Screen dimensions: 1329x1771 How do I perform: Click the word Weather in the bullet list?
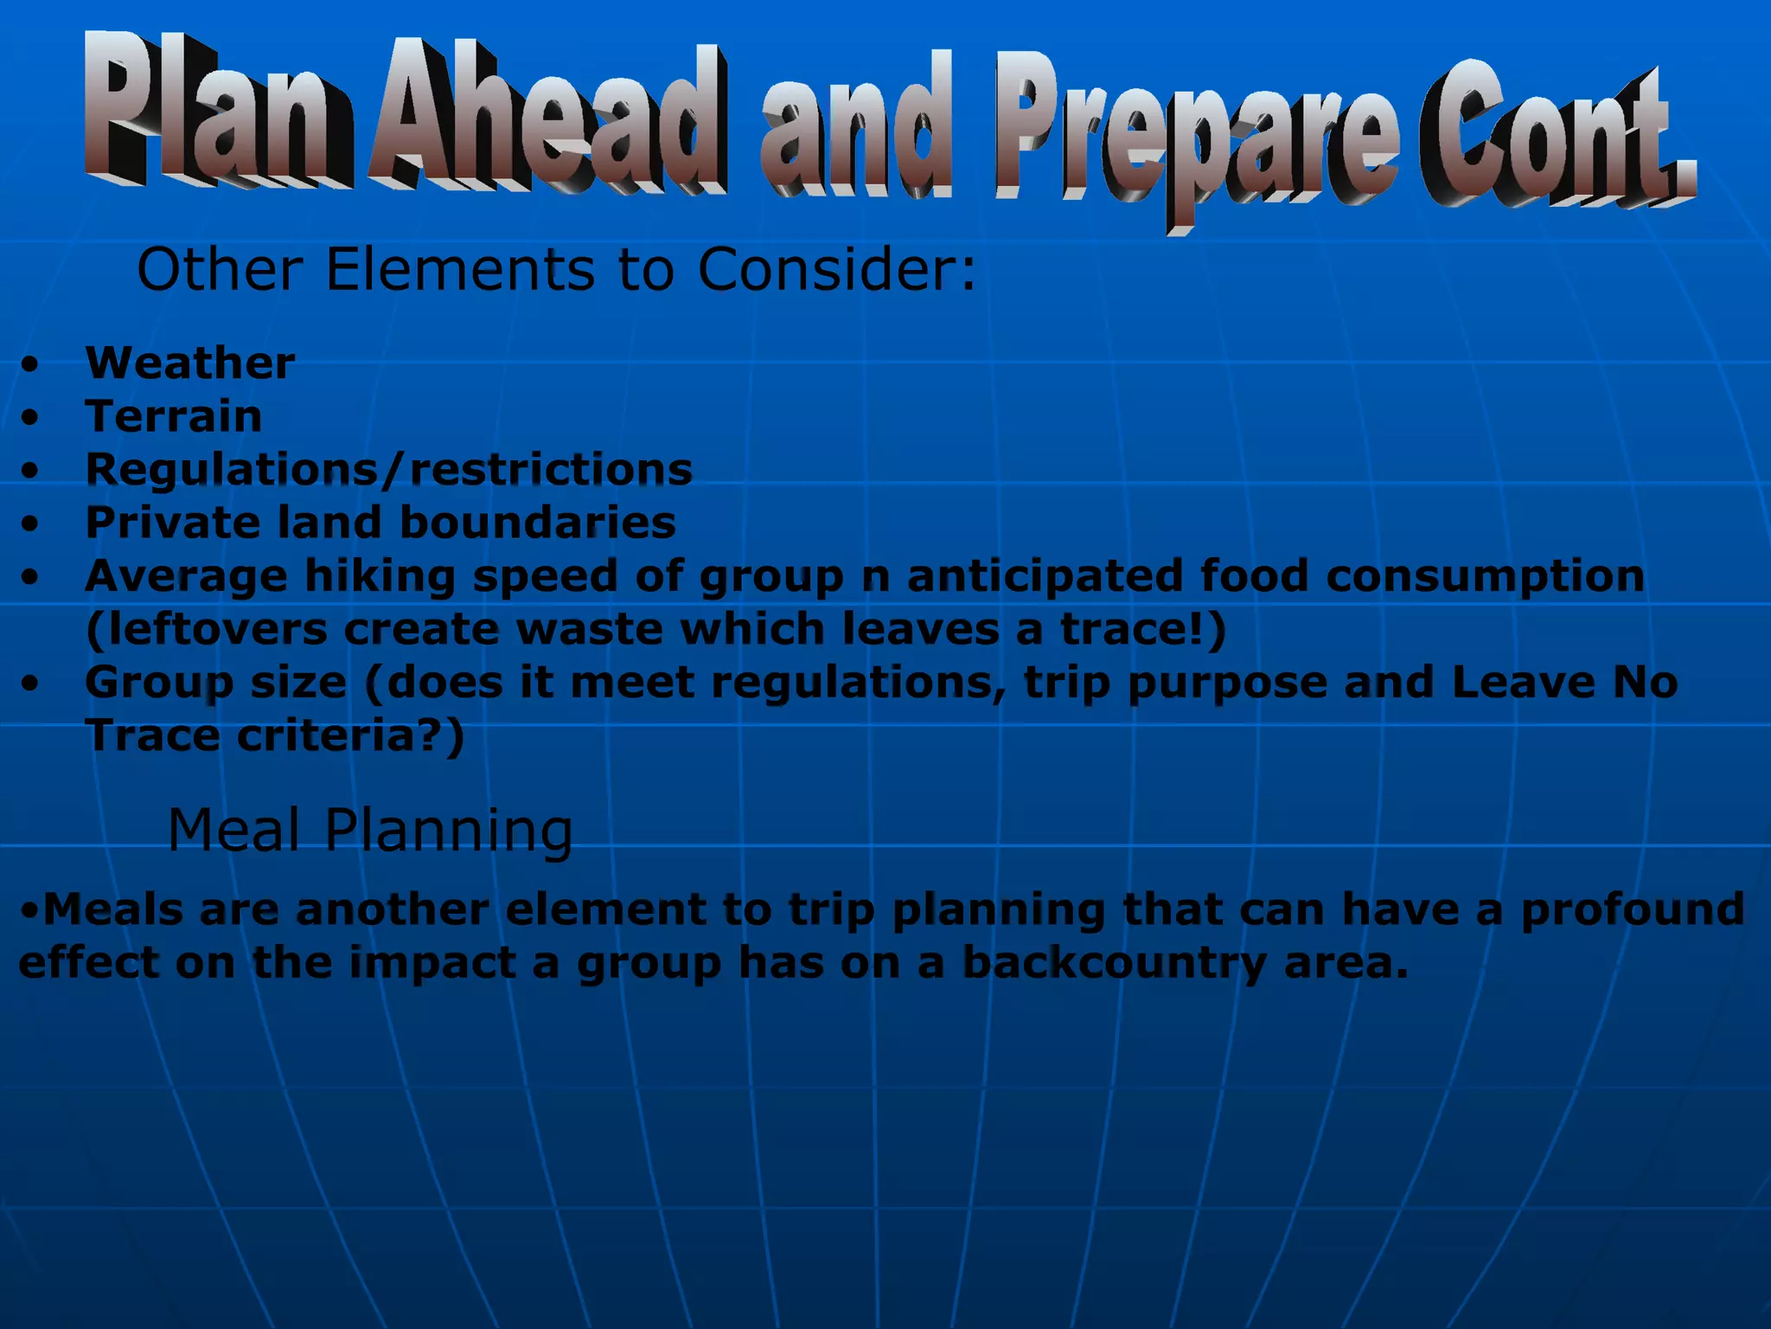(189, 363)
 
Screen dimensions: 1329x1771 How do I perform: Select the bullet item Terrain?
(173, 416)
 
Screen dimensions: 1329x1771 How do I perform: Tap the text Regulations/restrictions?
(388, 470)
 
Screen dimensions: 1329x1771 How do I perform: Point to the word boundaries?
(537, 523)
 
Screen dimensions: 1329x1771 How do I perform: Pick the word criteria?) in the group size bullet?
(350, 736)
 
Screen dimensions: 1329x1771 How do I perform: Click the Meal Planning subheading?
(369, 830)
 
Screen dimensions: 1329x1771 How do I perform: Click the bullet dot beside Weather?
(31, 364)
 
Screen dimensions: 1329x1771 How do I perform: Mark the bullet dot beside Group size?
(31, 684)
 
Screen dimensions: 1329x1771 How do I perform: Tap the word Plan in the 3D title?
(216, 108)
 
